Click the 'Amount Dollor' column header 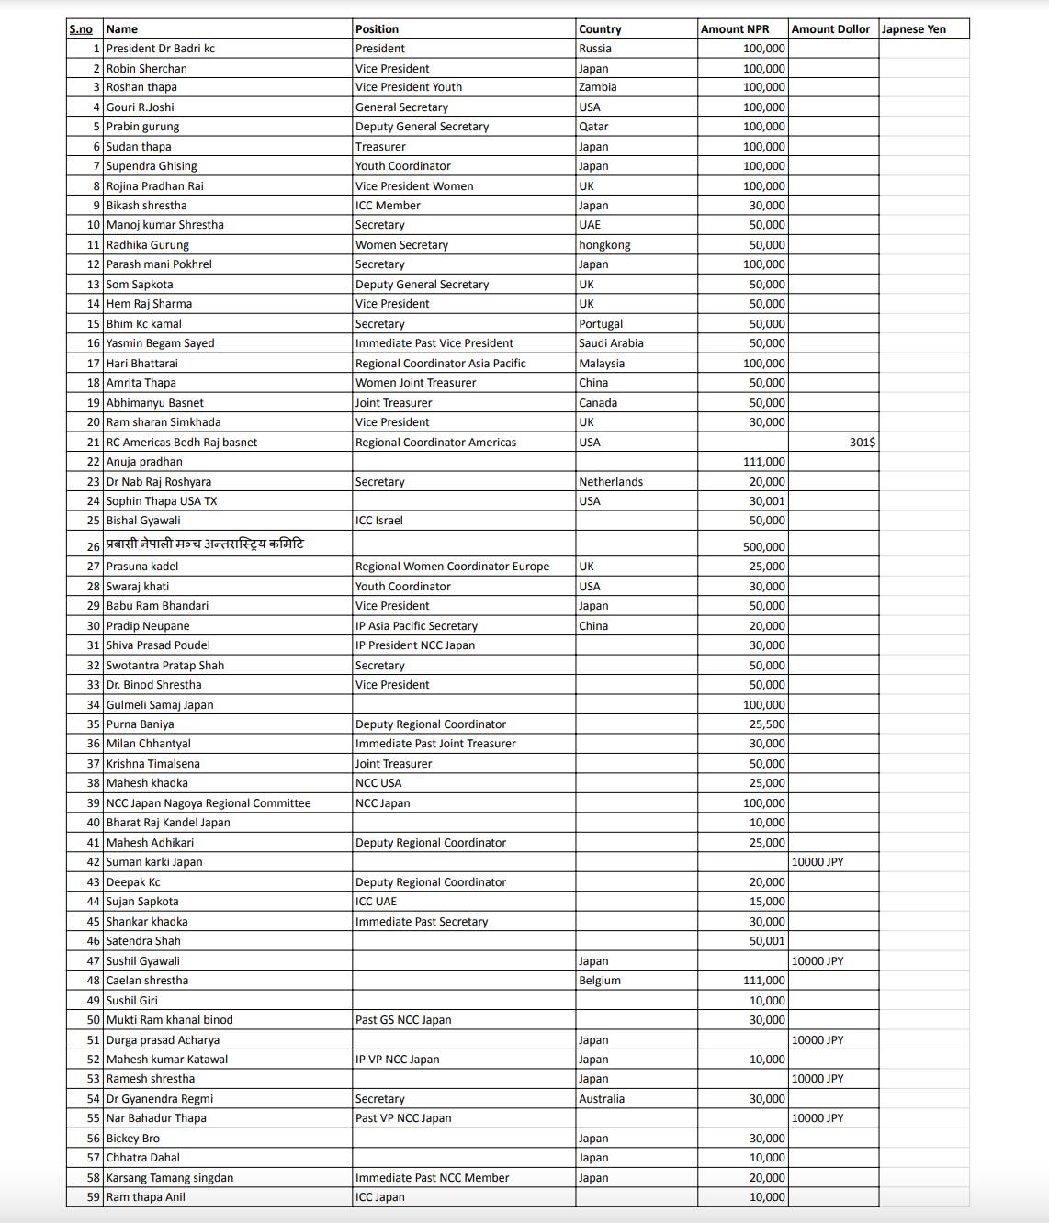pyautogui.click(x=830, y=29)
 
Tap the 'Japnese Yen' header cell pyautogui.click(x=913, y=29)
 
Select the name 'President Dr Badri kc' pyautogui.click(x=160, y=49)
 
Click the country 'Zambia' pyautogui.click(x=597, y=87)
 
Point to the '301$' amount pyautogui.click(x=862, y=443)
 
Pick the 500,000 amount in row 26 pyautogui.click(x=763, y=547)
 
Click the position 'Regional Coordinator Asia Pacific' pyautogui.click(x=440, y=364)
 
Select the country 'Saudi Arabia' pyautogui.click(x=611, y=343)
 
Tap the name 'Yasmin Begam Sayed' pyautogui.click(x=160, y=343)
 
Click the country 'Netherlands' pyautogui.click(x=610, y=482)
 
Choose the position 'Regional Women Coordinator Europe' pyautogui.click(x=452, y=567)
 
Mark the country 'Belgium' pyautogui.click(x=599, y=981)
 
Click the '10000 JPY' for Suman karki pyautogui.click(x=817, y=862)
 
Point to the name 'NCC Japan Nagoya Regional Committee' pyautogui.click(x=208, y=803)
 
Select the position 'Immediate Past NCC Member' pyautogui.click(x=432, y=1178)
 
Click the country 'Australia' pyautogui.click(x=601, y=1099)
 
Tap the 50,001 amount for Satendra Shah pyautogui.click(x=766, y=941)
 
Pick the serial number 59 pyautogui.click(x=93, y=1197)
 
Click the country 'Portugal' pyautogui.click(x=600, y=324)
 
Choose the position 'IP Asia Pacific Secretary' pyautogui.click(x=416, y=626)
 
